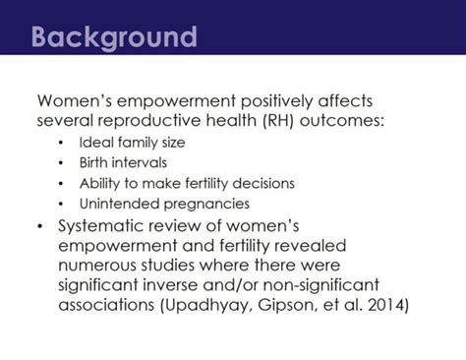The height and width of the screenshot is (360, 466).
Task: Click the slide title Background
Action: [x=113, y=38]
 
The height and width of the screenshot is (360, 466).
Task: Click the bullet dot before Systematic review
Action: [x=40, y=225]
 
